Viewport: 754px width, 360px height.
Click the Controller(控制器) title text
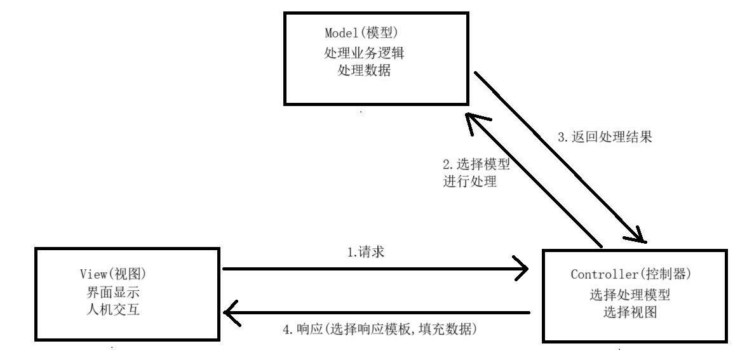click(630, 276)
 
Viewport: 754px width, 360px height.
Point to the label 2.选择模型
click(476, 163)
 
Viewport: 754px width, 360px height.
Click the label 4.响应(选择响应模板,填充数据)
click(379, 330)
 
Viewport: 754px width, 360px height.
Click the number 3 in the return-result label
click(560, 136)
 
